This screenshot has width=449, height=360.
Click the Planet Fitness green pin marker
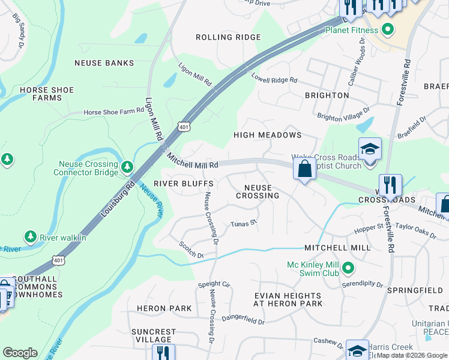tap(388, 29)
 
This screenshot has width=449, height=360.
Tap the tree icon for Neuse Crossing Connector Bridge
tap(127, 166)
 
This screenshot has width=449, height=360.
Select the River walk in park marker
tap(31, 237)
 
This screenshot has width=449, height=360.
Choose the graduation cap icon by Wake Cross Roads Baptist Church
tap(370, 149)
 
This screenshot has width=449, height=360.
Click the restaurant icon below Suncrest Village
tap(163, 353)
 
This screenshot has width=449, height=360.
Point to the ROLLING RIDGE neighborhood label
tap(229, 37)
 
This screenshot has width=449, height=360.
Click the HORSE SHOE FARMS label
tap(47, 94)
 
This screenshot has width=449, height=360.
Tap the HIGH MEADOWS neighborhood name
tap(267, 136)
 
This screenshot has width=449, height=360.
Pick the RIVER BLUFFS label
tap(183, 184)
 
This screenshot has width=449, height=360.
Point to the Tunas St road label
tap(244, 224)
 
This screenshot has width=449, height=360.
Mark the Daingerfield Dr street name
tap(243, 321)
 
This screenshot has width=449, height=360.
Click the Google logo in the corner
tap(20, 353)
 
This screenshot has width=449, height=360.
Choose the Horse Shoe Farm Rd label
tap(114, 112)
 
